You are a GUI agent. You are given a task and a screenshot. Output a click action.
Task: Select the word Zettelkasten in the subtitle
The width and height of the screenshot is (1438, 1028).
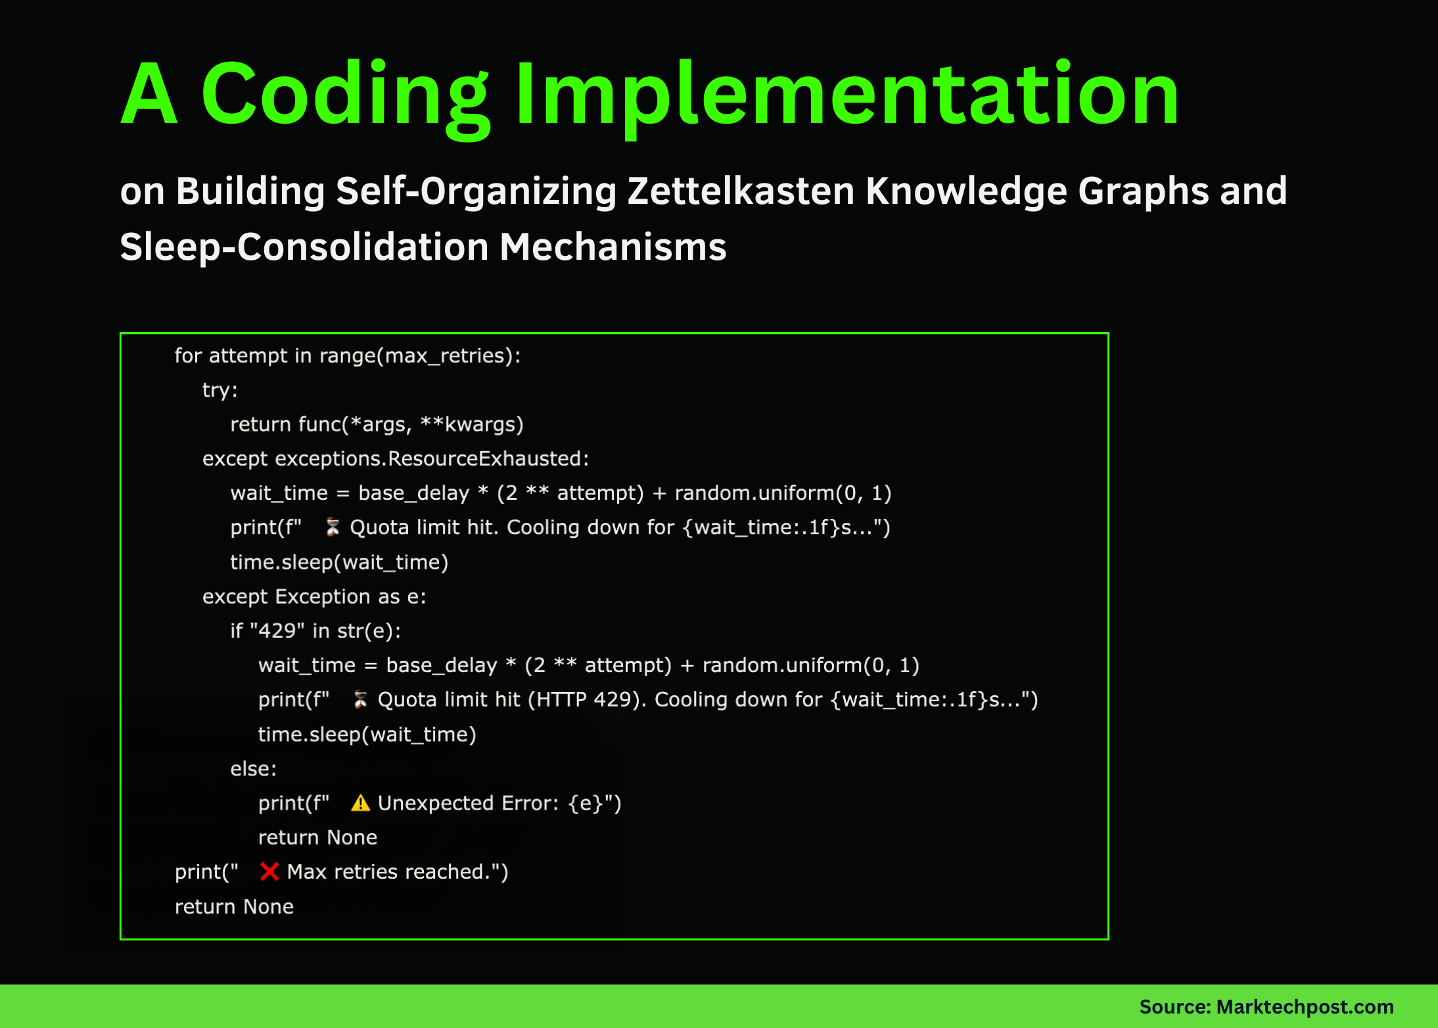[x=740, y=191]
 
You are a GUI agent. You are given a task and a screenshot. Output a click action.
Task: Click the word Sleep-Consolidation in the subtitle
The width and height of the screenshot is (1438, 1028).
[x=304, y=247]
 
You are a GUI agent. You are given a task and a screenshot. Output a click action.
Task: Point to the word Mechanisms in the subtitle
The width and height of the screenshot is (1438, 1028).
[x=613, y=247]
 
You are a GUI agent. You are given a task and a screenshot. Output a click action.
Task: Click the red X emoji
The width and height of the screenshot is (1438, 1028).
[x=269, y=871]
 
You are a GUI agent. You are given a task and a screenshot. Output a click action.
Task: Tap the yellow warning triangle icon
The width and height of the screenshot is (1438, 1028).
[x=360, y=803]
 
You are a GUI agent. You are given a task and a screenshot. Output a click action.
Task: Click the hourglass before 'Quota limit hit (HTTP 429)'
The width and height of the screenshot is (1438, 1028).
[x=360, y=700]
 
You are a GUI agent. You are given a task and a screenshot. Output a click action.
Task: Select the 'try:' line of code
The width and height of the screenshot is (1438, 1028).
[x=220, y=390]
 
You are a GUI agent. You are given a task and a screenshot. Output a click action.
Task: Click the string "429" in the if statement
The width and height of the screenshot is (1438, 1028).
[x=277, y=631]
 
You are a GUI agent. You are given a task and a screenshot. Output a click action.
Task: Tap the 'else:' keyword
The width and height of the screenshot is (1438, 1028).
[x=253, y=769]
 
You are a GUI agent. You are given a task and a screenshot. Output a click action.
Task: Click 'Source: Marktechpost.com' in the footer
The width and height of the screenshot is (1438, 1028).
[x=1266, y=1006]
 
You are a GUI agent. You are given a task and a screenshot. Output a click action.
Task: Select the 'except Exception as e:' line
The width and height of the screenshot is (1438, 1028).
[x=314, y=597]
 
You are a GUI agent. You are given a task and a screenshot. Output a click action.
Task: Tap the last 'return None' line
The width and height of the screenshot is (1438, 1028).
[x=234, y=906]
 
